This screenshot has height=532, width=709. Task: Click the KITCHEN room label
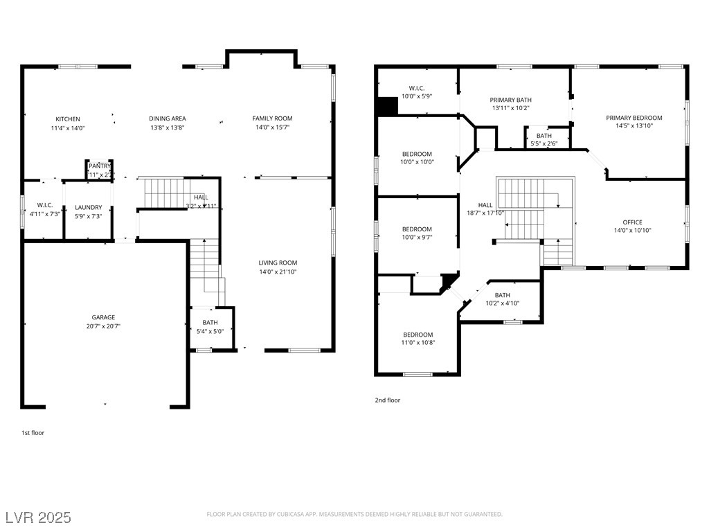pos(68,119)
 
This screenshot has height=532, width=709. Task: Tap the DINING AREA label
pos(168,119)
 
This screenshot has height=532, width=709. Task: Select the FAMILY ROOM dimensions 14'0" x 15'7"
pos(272,127)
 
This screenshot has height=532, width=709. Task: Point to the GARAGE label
pos(103,318)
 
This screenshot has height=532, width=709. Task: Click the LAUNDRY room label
pos(89,207)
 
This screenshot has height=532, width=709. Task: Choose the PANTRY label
pos(100,166)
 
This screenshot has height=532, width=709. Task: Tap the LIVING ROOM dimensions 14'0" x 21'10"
pos(278,272)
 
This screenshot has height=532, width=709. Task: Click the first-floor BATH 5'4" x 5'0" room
pos(210,327)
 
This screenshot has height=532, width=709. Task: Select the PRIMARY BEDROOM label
pos(634,118)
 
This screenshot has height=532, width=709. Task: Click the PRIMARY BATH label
pos(510,100)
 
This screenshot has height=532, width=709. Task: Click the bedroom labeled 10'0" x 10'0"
pos(417,158)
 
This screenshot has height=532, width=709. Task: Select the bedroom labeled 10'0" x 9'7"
pos(417,233)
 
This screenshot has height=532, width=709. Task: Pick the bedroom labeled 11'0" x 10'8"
pos(418,338)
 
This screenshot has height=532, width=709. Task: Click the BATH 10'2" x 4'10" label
pos(502,299)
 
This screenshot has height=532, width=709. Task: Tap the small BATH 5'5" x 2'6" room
pos(544,139)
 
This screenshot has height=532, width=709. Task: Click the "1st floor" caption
pos(33,432)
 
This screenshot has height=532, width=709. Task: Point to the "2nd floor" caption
pos(388,400)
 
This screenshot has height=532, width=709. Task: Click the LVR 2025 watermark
pos(38,517)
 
